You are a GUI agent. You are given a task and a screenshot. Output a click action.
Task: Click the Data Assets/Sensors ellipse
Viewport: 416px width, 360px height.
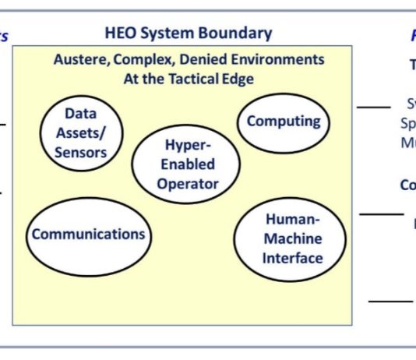tap(80, 132)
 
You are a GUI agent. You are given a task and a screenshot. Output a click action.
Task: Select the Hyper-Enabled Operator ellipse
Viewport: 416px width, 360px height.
tap(187, 164)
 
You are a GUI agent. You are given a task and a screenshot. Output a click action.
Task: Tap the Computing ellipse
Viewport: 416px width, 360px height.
tap(284, 122)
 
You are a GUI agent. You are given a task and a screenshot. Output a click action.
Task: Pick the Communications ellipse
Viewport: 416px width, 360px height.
tap(88, 234)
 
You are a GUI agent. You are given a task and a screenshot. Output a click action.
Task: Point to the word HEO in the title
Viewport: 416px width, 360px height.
tap(122, 33)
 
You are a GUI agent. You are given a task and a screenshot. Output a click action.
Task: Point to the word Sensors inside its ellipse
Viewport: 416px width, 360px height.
tap(80, 151)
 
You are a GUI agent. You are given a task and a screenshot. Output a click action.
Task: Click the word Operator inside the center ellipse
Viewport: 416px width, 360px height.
tap(187, 184)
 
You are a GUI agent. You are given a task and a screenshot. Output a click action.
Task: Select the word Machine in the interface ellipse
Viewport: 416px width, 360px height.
tap(292, 238)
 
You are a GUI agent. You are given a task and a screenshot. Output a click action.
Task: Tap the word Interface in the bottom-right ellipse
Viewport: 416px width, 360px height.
tap(292, 257)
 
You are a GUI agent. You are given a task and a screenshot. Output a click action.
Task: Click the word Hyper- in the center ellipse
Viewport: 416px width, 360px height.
tap(187, 145)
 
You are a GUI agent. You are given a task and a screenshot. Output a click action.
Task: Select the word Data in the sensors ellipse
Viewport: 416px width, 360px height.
tap(80, 113)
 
